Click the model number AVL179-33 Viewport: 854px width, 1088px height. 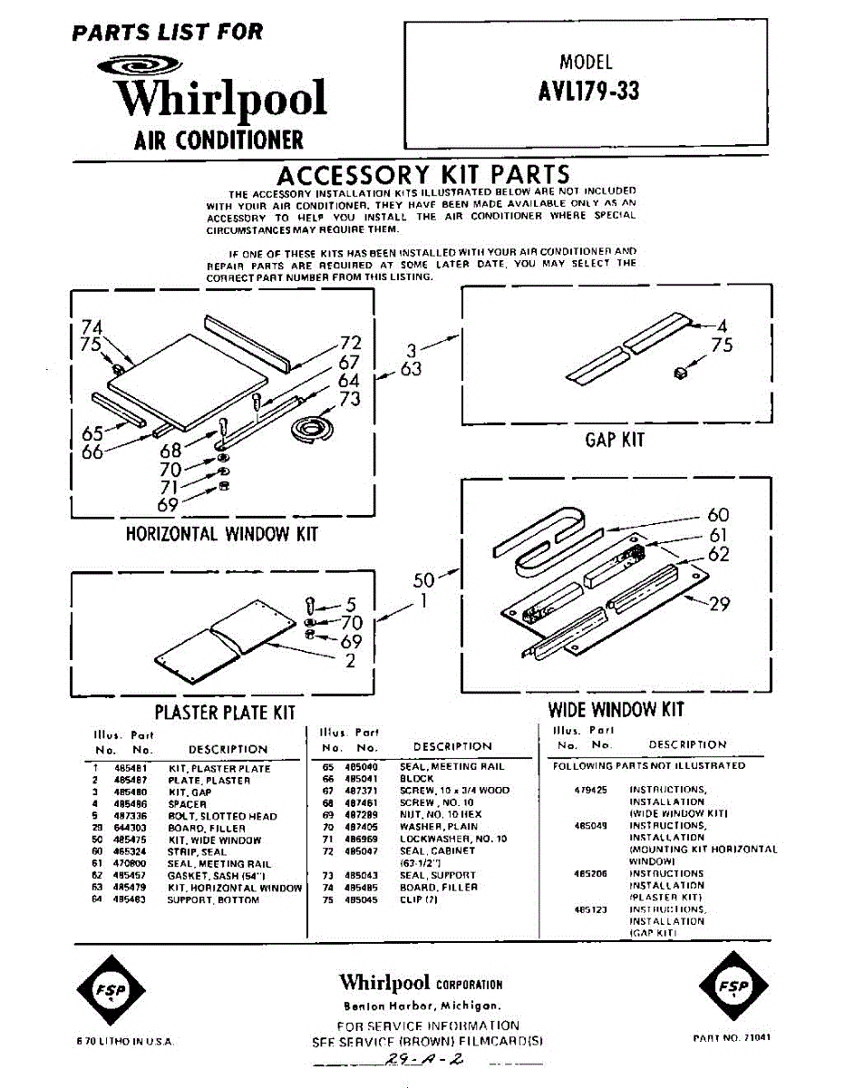pos(588,92)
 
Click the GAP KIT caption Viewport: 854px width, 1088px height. pos(614,440)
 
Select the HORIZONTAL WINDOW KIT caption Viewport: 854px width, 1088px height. pos(222,533)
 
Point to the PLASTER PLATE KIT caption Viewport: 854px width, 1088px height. pos(226,713)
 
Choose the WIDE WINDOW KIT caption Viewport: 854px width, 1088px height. pos(616,709)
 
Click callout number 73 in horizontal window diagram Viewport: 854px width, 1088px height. pos(349,399)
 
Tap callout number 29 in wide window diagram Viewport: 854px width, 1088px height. pos(719,603)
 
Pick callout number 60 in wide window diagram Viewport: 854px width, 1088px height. pos(718,515)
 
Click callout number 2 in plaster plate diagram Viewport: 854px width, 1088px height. pos(350,660)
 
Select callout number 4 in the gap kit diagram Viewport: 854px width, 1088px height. pos(723,325)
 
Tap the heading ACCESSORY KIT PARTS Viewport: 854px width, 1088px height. pos(423,175)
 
